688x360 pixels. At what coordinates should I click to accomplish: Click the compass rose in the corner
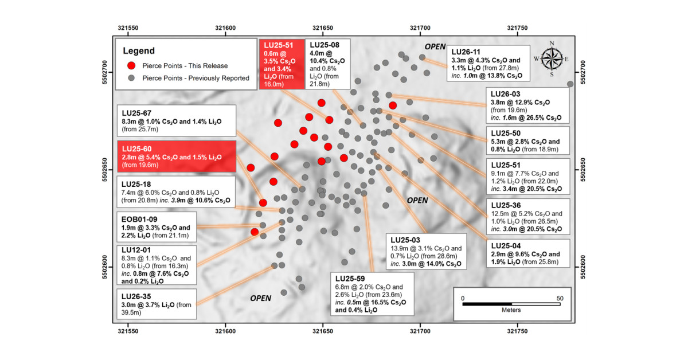pyautogui.click(x=552, y=58)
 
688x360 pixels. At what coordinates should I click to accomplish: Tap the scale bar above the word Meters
pyautogui.click(x=511, y=304)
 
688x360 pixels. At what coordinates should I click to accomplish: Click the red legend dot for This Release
pyautogui.click(x=131, y=65)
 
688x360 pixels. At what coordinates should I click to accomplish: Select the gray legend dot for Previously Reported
pyautogui.click(x=131, y=78)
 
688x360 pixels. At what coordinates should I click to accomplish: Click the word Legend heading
pyautogui.click(x=139, y=50)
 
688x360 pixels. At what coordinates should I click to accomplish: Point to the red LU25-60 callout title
pyautogui.click(x=136, y=149)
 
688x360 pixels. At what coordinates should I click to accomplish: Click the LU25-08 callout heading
pyautogui.click(x=325, y=45)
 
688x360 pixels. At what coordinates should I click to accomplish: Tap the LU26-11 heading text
pyautogui.click(x=466, y=52)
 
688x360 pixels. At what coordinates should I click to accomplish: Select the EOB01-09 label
pyautogui.click(x=139, y=220)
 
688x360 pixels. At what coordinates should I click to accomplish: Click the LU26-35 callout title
pyautogui.click(x=136, y=296)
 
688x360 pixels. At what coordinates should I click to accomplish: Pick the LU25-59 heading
pyautogui.click(x=350, y=279)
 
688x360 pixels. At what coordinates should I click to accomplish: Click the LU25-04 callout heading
pyautogui.click(x=506, y=246)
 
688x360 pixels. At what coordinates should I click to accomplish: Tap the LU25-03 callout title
pyautogui.click(x=405, y=240)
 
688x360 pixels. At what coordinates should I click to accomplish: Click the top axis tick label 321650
pyautogui.click(x=322, y=28)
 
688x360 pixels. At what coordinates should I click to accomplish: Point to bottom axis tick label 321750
pyautogui.click(x=517, y=331)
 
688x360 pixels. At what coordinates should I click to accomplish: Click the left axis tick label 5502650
pyautogui.click(x=105, y=170)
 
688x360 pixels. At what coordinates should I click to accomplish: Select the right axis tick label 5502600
pyautogui.click(x=583, y=267)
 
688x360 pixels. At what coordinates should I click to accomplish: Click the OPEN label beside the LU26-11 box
pyautogui.click(x=435, y=46)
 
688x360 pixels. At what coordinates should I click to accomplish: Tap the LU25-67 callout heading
pyautogui.click(x=136, y=113)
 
